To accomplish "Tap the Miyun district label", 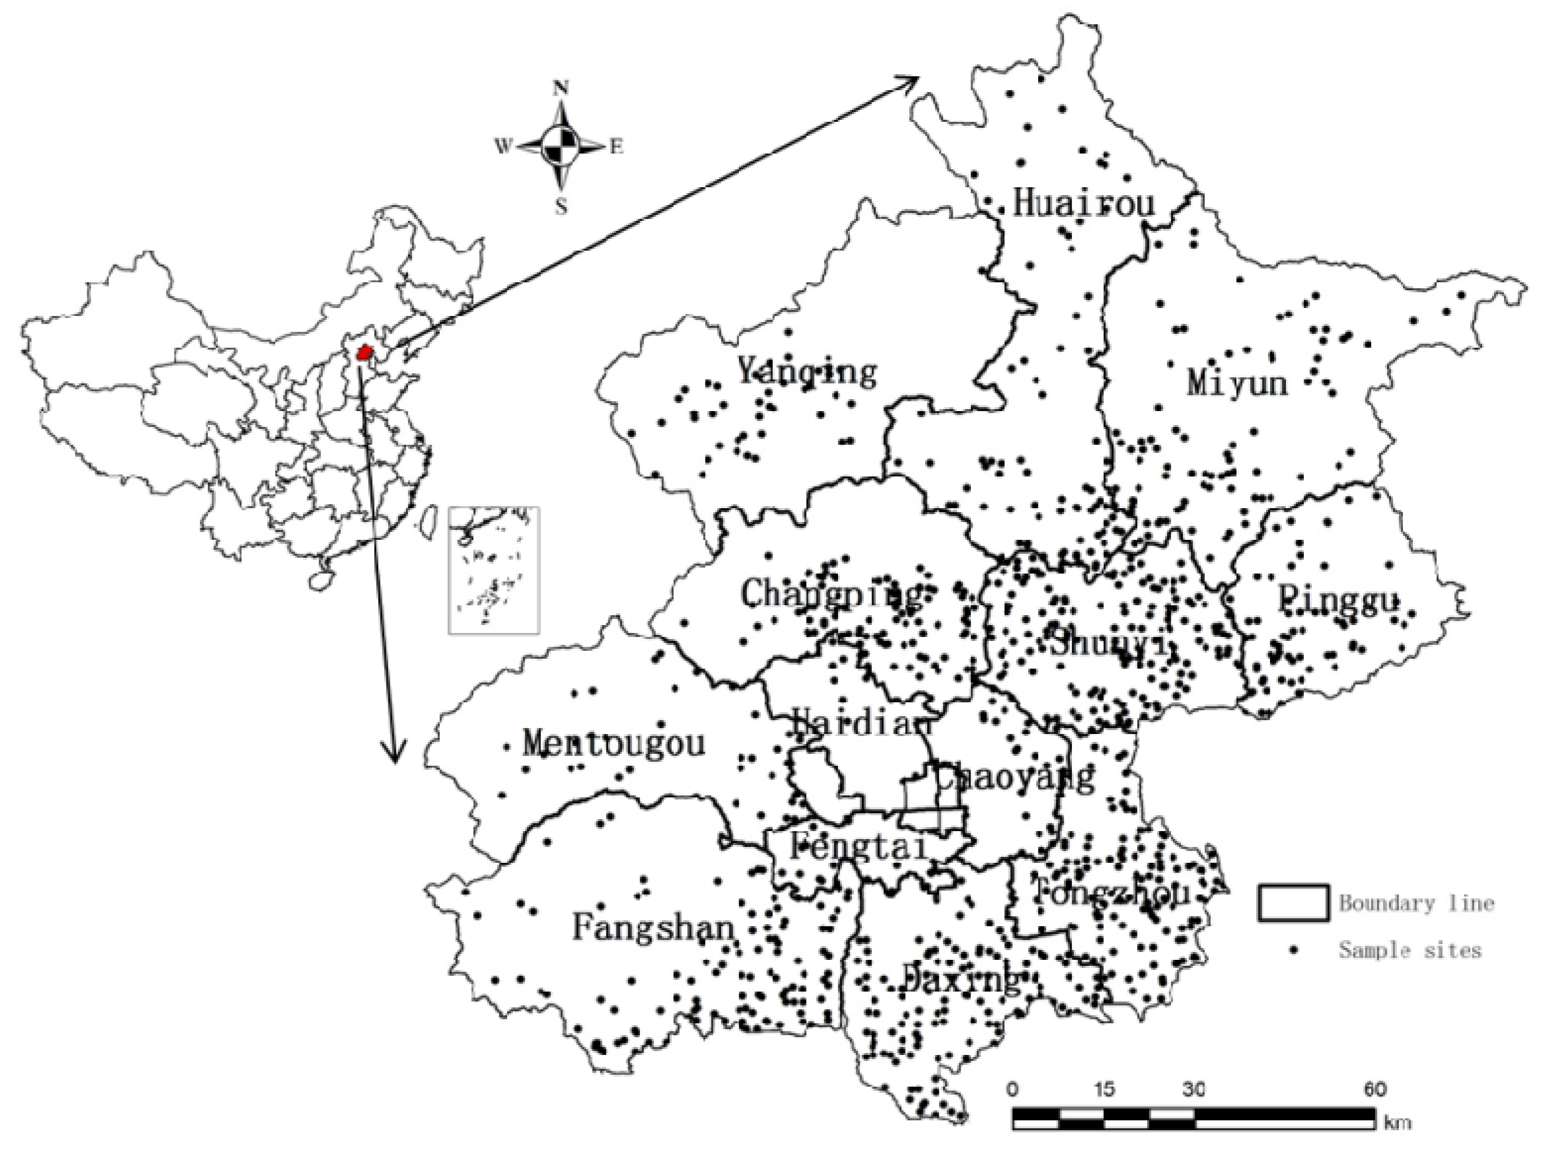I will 1236,383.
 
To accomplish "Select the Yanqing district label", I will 807,371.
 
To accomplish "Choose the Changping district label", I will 831,595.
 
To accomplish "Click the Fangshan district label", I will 653,929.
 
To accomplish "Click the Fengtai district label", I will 858,848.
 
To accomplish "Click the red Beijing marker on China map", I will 363,353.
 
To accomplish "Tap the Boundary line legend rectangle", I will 1293,903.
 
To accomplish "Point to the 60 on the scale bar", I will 1374,1090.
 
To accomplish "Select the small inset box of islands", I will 494,570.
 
